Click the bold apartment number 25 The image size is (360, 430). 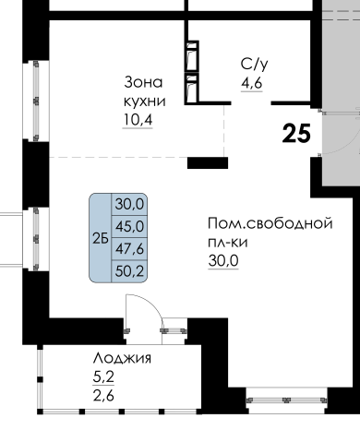pyautogui.click(x=296, y=133)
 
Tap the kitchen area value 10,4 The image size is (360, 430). pyautogui.click(x=138, y=119)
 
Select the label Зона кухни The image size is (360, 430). pyautogui.click(x=144, y=91)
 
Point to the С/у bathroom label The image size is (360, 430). pyautogui.click(x=254, y=64)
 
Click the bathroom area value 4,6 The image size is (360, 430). pyautogui.click(x=251, y=83)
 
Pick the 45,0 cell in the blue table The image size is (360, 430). pyautogui.click(x=129, y=227)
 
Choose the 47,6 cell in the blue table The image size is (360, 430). pyautogui.click(x=129, y=249)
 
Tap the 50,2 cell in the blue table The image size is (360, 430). pyautogui.click(x=129, y=271)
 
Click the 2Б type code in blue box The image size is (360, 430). pyautogui.click(x=101, y=238)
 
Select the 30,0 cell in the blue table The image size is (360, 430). pyautogui.click(x=129, y=204)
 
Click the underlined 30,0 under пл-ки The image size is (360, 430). pyautogui.click(x=223, y=261)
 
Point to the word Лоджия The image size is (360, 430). pyautogui.click(x=122, y=359)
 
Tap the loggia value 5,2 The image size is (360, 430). pyautogui.click(x=103, y=377)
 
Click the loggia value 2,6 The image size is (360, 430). pyautogui.click(x=103, y=395)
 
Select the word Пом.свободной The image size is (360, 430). pyautogui.click(x=270, y=223)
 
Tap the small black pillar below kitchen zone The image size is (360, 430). pyautogui.click(x=208, y=162)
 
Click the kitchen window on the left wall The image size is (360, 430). pyautogui.click(x=36, y=101)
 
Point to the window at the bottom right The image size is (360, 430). pyautogui.click(x=287, y=400)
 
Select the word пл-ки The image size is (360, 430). pyautogui.click(x=228, y=243)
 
